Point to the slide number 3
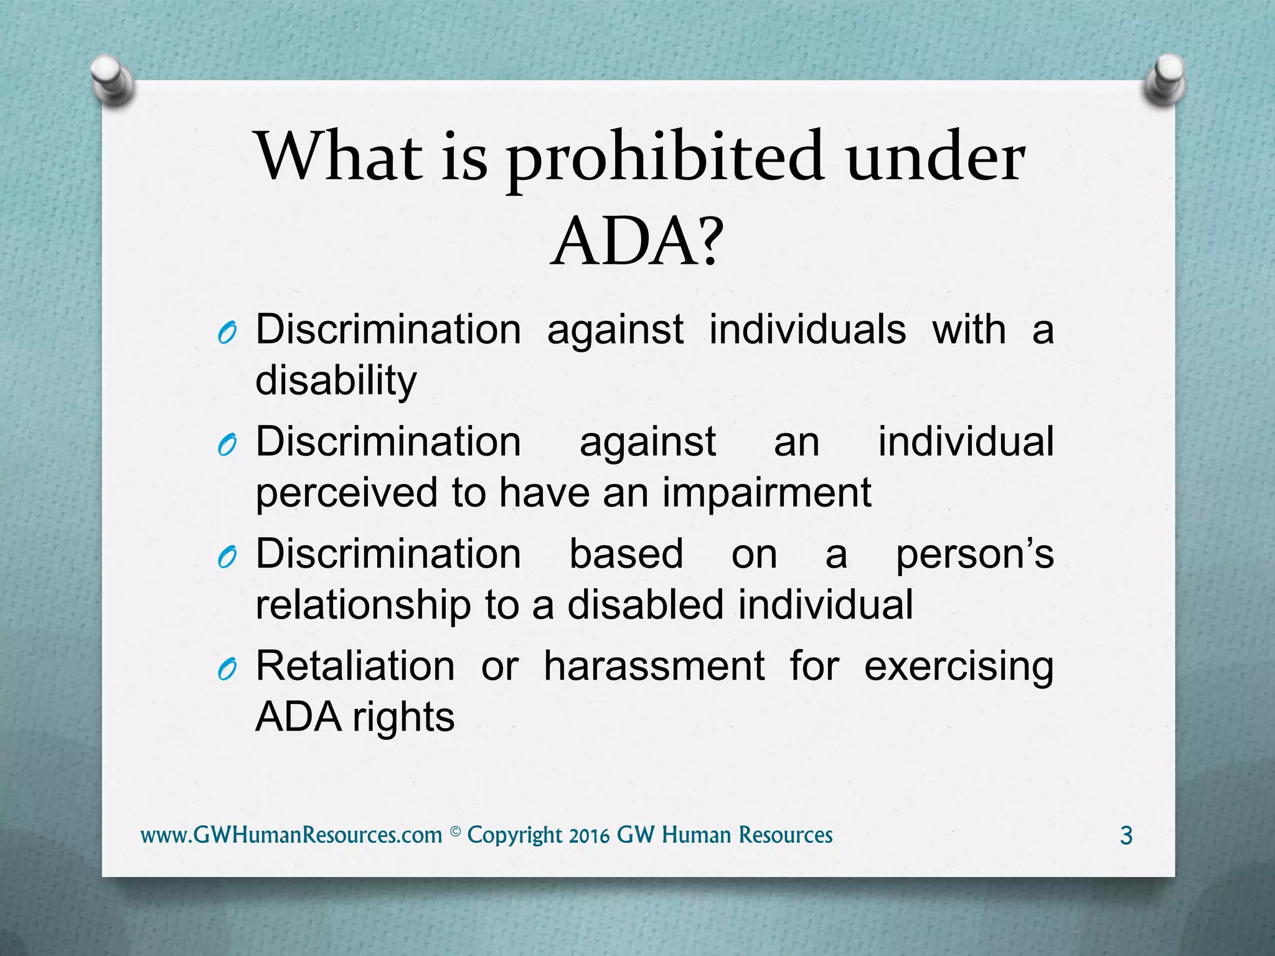[1126, 835]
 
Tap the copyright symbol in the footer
[455, 832]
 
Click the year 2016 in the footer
[589, 835]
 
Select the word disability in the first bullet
[336, 381]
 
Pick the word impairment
[766, 493]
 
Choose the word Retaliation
[355, 666]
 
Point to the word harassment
[654, 666]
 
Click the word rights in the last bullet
[403, 717]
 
